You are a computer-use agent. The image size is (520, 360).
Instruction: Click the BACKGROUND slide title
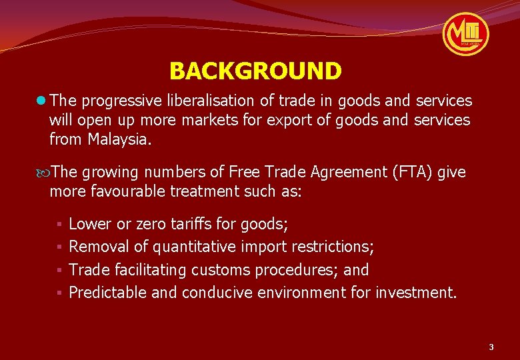click(x=255, y=71)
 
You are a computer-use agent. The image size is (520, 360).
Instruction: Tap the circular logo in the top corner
click(x=467, y=33)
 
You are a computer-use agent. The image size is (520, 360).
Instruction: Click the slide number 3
click(x=491, y=347)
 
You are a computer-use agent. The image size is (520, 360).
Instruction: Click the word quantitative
click(x=194, y=247)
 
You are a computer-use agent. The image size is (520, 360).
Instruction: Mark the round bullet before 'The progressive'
click(x=42, y=101)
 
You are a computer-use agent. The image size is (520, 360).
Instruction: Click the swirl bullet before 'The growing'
click(x=43, y=173)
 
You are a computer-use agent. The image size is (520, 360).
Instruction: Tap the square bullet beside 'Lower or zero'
click(x=59, y=224)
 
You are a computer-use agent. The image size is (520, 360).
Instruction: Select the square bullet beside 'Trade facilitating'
click(x=59, y=271)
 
